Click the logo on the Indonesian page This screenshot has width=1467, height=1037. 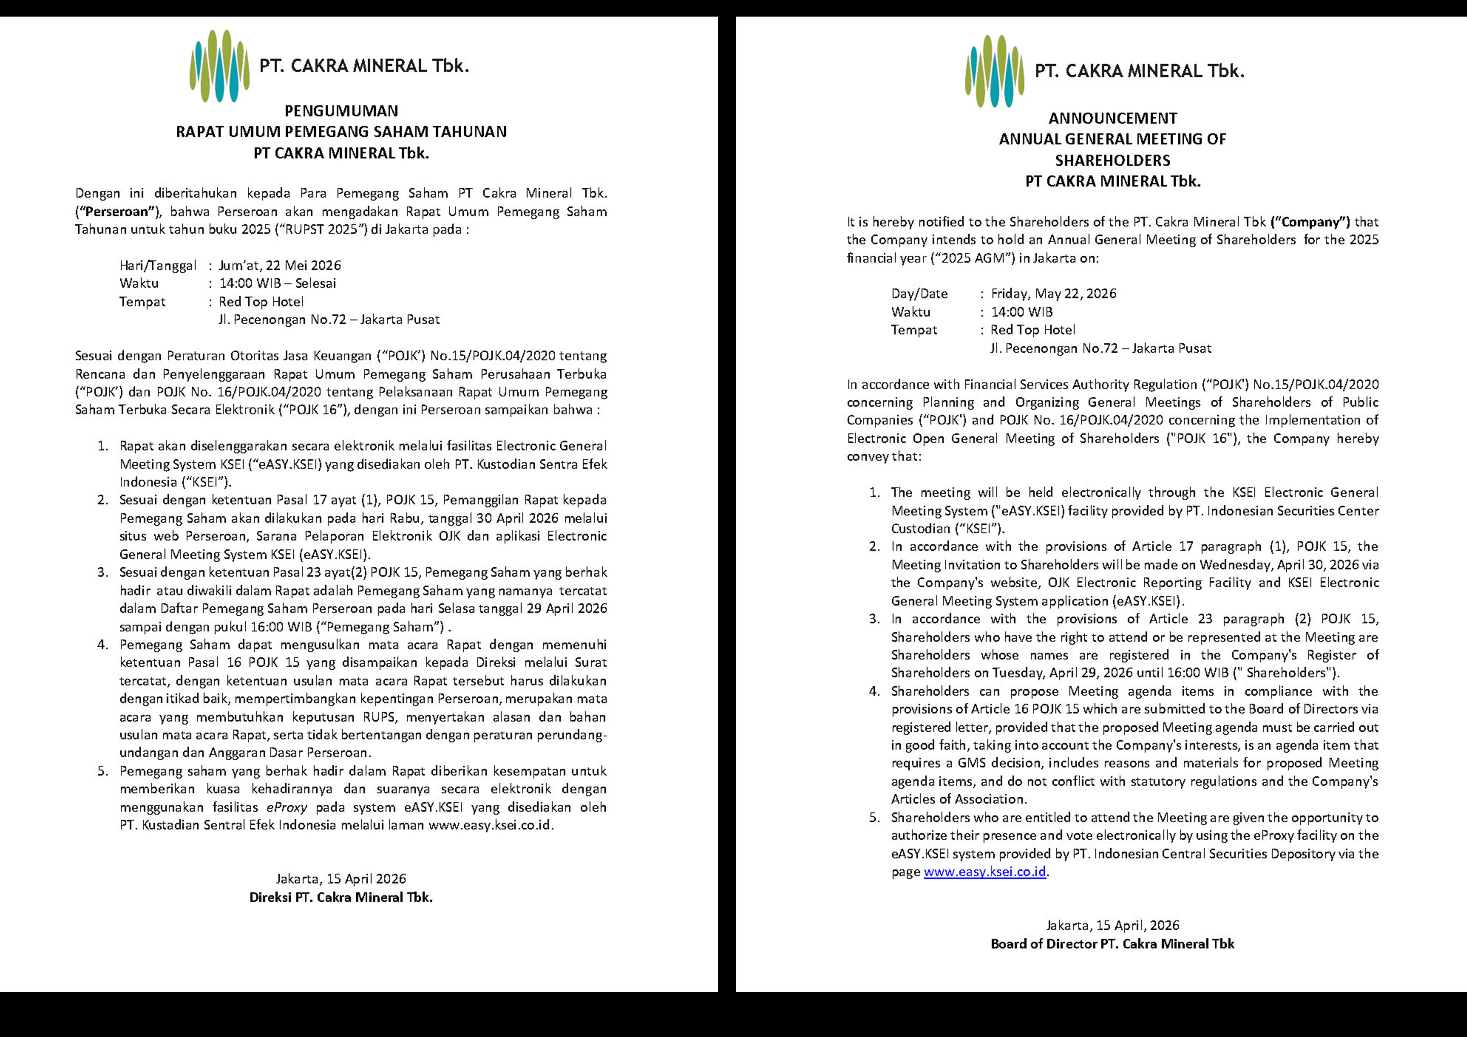(x=219, y=66)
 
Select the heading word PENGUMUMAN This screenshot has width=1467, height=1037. (x=341, y=111)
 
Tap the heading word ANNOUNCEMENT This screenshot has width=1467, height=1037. (x=1112, y=118)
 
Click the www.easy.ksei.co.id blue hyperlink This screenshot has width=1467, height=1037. (x=985, y=872)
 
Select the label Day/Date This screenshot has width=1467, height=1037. (x=919, y=294)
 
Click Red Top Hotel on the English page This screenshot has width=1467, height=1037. (x=1033, y=330)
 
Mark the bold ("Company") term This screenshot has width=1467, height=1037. (x=1310, y=222)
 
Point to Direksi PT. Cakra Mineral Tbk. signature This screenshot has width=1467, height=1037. (x=341, y=897)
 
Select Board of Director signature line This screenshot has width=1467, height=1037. (x=1112, y=944)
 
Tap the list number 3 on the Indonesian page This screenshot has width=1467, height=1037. (x=103, y=572)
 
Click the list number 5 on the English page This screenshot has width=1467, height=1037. (x=874, y=818)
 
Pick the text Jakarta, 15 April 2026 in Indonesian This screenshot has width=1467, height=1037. (x=341, y=879)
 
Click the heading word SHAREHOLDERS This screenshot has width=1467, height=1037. (x=1112, y=160)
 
